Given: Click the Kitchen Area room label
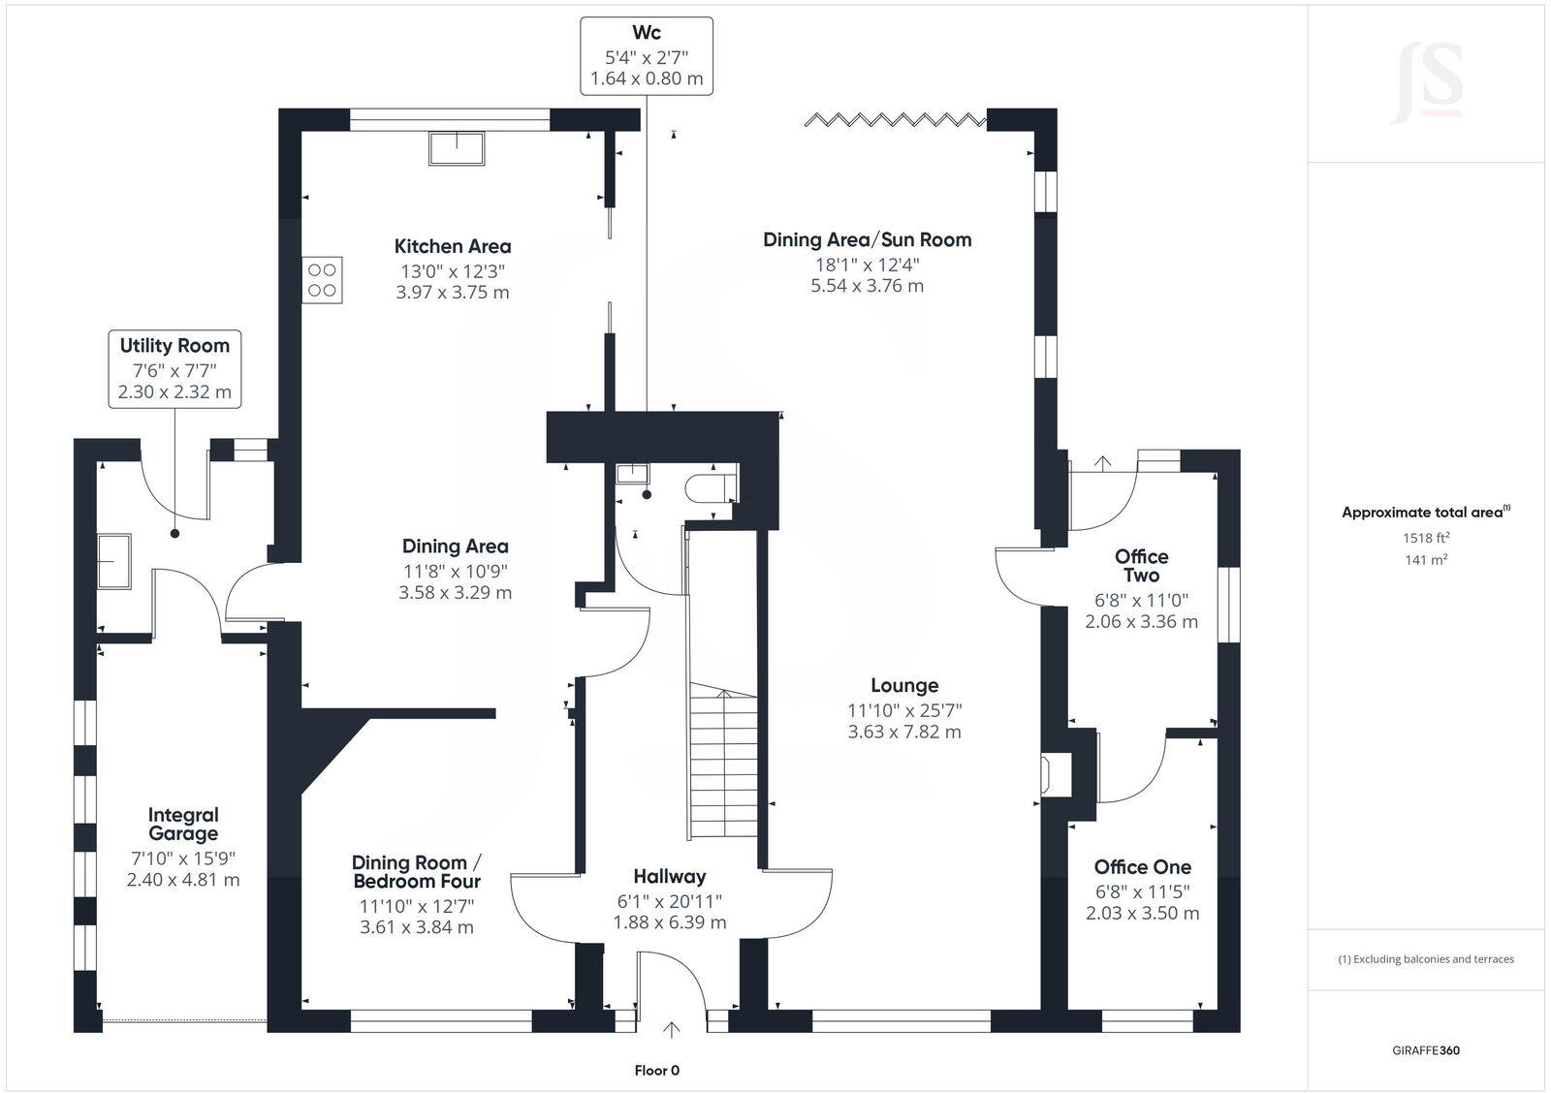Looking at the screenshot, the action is click(x=453, y=246).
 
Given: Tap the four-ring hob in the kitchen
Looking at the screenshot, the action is click(x=322, y=280).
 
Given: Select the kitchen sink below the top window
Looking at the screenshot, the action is click(x=457, y=149).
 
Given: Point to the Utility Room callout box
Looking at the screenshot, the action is click(x=174, y=369).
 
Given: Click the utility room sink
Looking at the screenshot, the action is click(x=114, y=561).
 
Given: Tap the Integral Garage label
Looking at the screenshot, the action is click(x=183, y=824).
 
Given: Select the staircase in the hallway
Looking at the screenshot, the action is click(x=723, y=761).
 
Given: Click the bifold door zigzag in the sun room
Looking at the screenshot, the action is click(x=896, y=120).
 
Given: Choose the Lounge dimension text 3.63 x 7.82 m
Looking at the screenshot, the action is click(x=904, y=732).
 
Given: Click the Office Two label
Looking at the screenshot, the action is click(x=1141, y=566).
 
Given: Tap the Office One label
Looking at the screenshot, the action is click(x=1143, y=866).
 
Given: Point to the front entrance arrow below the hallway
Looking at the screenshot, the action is click(x=671, y=1029).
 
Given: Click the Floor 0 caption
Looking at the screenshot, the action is click(x=657, y=1070).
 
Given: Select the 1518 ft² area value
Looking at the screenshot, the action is click(x=1426, y=538).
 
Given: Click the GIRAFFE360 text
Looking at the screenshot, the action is click(x=1426, y=1050).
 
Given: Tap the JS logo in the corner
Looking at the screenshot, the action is click(x=1426, y=83).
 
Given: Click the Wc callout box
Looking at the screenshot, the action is click(x=647, y=56).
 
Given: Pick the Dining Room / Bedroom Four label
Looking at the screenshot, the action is click(x=416, y=872).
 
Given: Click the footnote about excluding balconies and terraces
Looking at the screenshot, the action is click(x=1426, y=959).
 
